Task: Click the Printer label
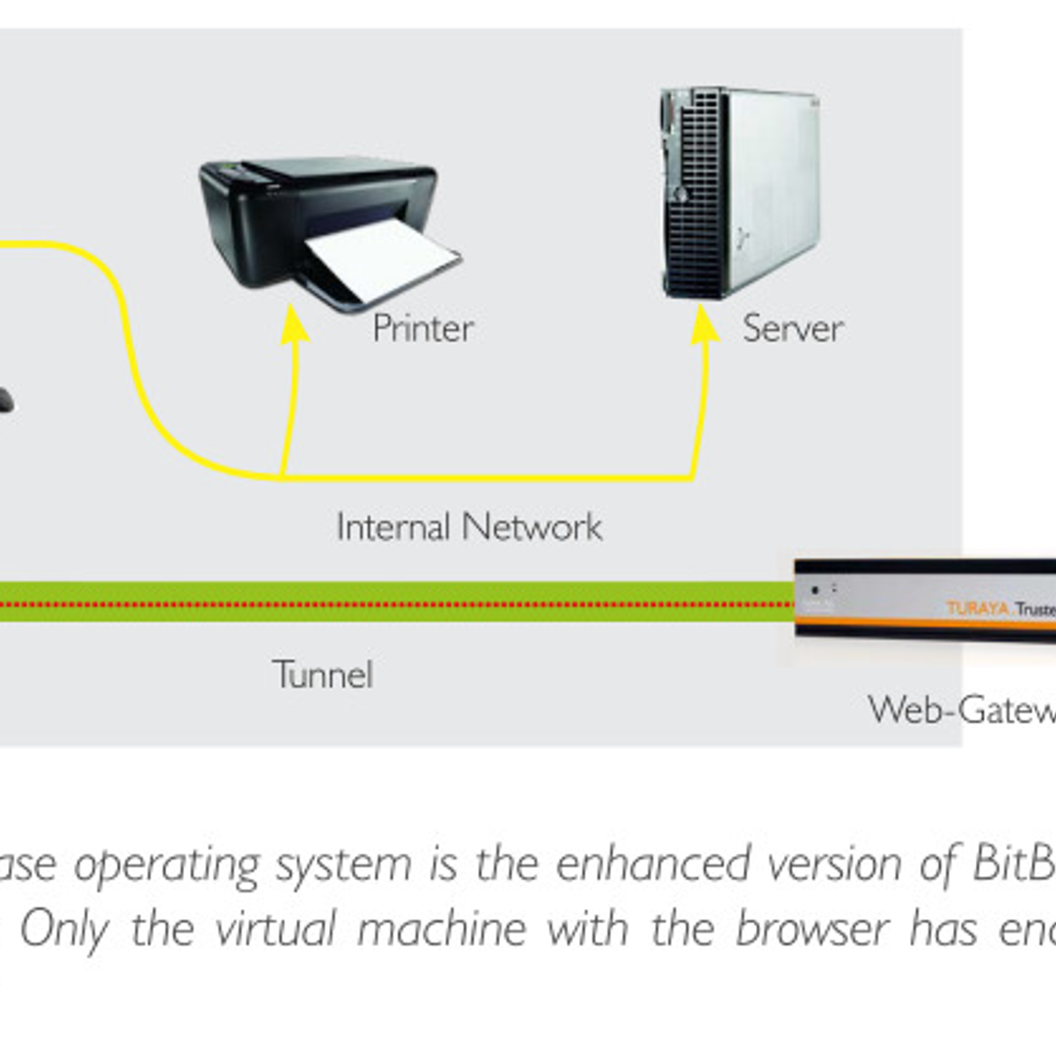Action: pos(423,328)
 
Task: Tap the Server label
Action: pos(792,328)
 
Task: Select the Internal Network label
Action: pos(469,527)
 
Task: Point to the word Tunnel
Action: pos(323,675)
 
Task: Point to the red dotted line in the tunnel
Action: pos(396,604)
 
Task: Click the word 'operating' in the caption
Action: pos(166,865)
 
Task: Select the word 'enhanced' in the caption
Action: pos(653,864)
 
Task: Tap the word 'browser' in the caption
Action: pos(811,928)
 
